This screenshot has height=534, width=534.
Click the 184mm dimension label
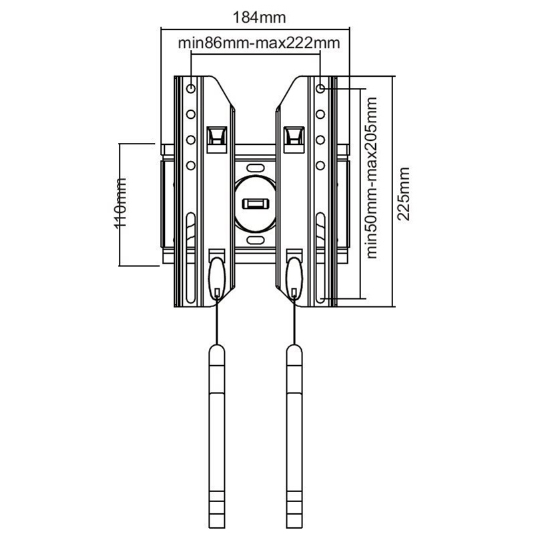(259, 17)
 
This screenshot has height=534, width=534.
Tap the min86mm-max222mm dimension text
(259, 43)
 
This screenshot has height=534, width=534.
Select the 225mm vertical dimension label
(404, 194)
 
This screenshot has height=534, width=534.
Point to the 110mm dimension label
(120, 203)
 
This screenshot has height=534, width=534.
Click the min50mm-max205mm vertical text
(372, 178)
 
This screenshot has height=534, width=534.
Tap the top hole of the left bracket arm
(191, 89)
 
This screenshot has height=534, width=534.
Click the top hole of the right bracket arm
(320, 89)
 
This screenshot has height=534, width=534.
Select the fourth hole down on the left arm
(191, 166)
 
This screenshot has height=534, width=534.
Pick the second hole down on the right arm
(320, 114)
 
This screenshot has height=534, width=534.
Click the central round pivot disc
(256, 204)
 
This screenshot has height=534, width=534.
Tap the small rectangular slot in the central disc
(256, 204)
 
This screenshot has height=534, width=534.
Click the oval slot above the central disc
(256, 168)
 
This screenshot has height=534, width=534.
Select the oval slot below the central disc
(256, 240)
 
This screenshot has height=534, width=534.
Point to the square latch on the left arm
(217, 140)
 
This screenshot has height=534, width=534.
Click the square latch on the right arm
(294, 140)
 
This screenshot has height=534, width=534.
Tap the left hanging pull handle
(216, 437)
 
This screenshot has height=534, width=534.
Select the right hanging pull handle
(294, 437)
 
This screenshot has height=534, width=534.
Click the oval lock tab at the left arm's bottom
(217, 278)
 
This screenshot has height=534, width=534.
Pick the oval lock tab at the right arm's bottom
(294, 278)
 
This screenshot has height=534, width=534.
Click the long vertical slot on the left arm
(191, 258)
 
